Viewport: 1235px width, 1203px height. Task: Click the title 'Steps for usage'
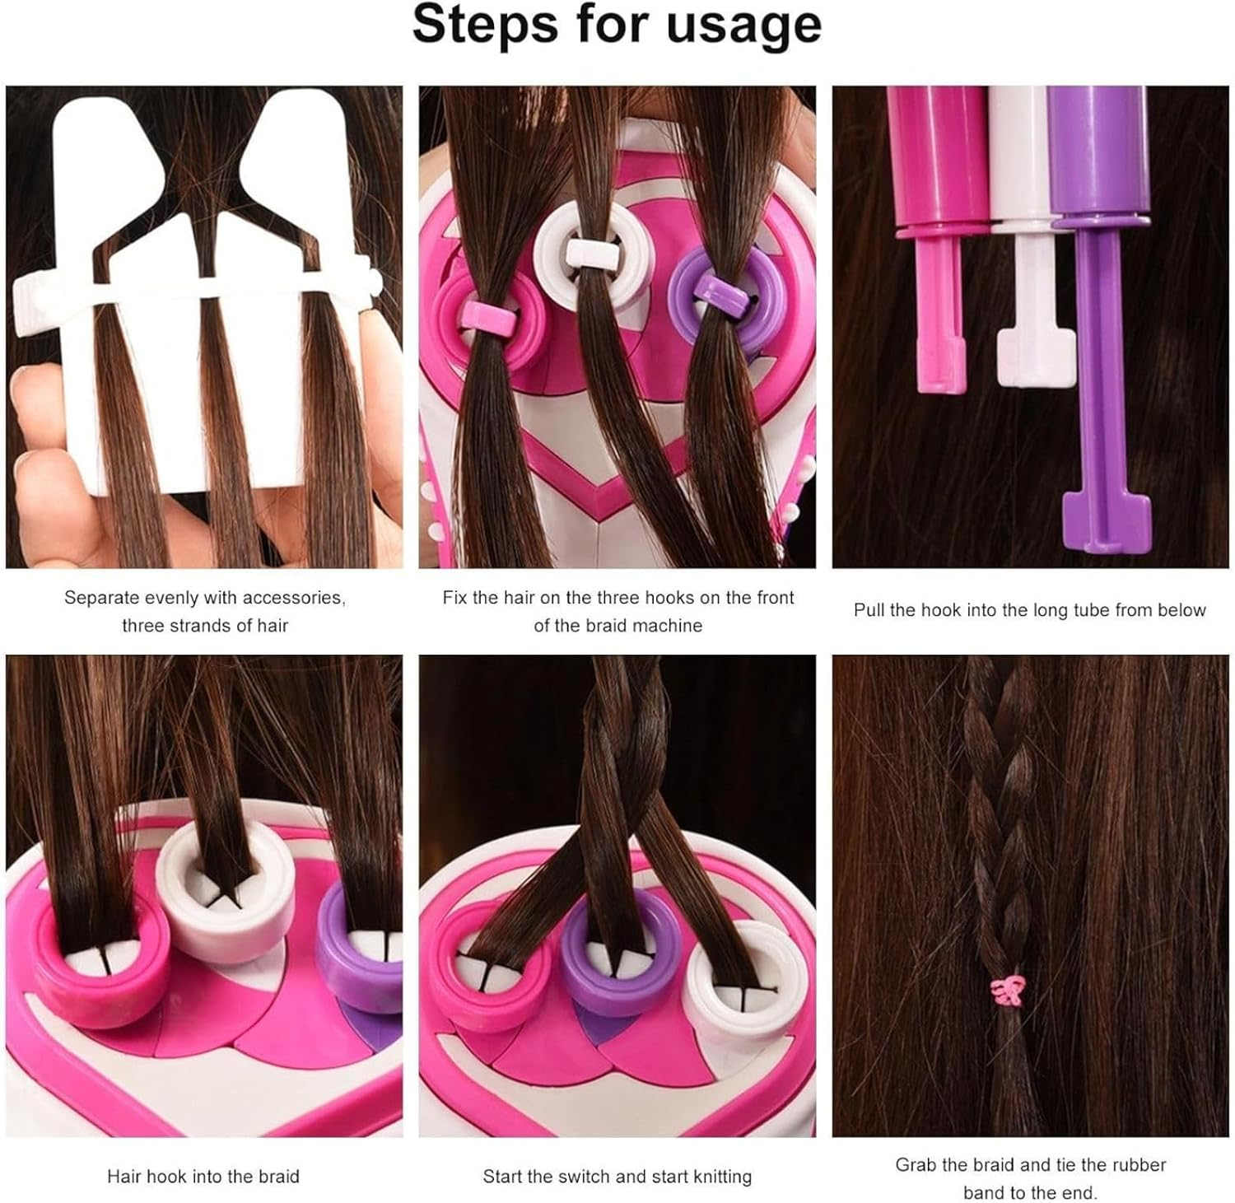coord(617,25)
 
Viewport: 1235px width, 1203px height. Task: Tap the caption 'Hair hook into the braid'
coord(203,1177)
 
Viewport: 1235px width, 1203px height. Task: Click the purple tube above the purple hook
coord(1098,152)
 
